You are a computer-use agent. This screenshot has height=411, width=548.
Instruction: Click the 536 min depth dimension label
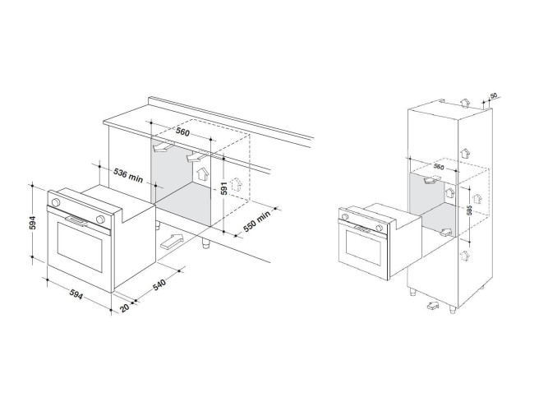click(x=128, y=176)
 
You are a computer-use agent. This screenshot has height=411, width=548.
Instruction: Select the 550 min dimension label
click(x=257, y=221)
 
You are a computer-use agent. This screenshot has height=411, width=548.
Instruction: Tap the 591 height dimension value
click(x=224, y=188)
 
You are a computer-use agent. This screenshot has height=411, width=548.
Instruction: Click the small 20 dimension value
click(x=124, y=307)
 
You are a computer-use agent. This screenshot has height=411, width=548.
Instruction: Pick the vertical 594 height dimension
click(x=33, y=223)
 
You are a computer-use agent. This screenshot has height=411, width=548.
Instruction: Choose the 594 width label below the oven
click(x=76, y=294)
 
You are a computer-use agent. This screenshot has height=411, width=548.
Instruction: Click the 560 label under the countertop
click(x=182, y=132)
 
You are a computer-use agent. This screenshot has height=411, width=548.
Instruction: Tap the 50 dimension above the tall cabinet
click(x=494, y=95)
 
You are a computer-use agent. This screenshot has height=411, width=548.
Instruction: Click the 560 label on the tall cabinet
click(x=439, y=167)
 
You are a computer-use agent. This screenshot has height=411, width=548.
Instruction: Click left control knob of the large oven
click(x=55, y=202)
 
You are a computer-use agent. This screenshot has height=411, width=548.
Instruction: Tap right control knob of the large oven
click(x=100, y=219)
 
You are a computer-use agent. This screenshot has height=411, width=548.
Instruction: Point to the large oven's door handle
click(x=76, y=221)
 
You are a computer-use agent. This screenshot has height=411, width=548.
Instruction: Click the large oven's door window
click(x=80, y=247)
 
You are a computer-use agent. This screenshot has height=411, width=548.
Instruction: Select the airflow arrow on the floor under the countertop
click(x=172, y=242)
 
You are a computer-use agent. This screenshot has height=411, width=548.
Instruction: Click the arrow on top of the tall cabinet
click(x=465, y=103)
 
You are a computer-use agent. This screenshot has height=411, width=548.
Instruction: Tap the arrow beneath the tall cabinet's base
click(x=433, y=305)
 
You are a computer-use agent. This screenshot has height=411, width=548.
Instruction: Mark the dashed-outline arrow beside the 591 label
click(x=237, y=184)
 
